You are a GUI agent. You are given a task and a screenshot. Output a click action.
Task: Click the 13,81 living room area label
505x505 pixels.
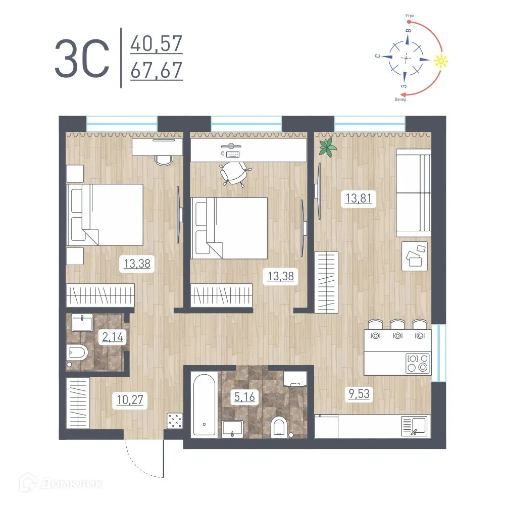click(359, 198)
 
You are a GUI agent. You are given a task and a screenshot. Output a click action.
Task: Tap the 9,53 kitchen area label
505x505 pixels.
click(359, 393)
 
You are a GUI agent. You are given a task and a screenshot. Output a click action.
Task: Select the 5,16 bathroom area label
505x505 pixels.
click(244, 397)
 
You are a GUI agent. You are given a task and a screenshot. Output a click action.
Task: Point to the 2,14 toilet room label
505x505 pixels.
click(113, 337)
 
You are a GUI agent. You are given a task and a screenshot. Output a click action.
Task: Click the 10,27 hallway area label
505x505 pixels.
click(130, 399)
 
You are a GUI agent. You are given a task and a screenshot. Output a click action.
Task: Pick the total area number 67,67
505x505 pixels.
click(157, 70)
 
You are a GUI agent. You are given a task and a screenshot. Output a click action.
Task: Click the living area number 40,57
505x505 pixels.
click(157, 43)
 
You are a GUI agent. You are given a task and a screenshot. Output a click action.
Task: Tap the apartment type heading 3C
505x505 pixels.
click(82, 58)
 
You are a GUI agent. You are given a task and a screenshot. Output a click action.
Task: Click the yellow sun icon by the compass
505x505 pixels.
click(440, 61)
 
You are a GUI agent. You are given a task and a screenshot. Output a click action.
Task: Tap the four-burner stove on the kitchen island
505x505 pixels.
click(418, 363)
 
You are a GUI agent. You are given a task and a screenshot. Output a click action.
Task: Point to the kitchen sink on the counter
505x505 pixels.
click(415, 426)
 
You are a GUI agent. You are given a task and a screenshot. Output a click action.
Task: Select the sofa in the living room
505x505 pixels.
click(414, 193)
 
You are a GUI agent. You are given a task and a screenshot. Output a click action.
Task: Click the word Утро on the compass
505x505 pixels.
click(410, 16)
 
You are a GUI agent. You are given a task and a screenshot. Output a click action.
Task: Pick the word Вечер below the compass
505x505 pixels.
click(400, 100)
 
